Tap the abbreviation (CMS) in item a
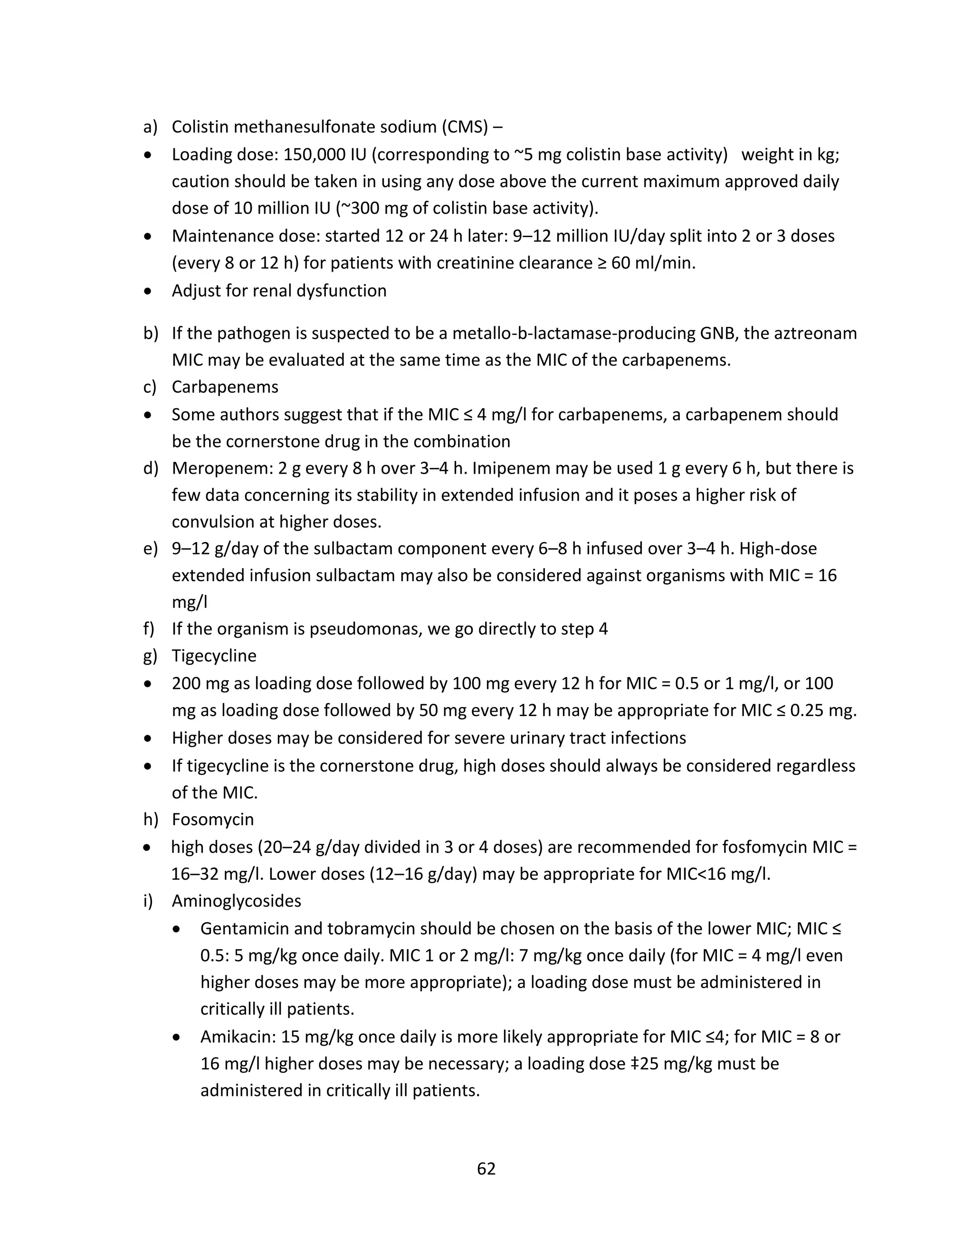coord(465,127)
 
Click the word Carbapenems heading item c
coord(225,387)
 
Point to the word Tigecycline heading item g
coord(214,656)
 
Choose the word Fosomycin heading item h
coord(213,819)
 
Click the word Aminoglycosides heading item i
coord(236,900)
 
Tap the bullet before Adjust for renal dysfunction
coord(149,292)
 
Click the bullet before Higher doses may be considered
coord(149,738)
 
